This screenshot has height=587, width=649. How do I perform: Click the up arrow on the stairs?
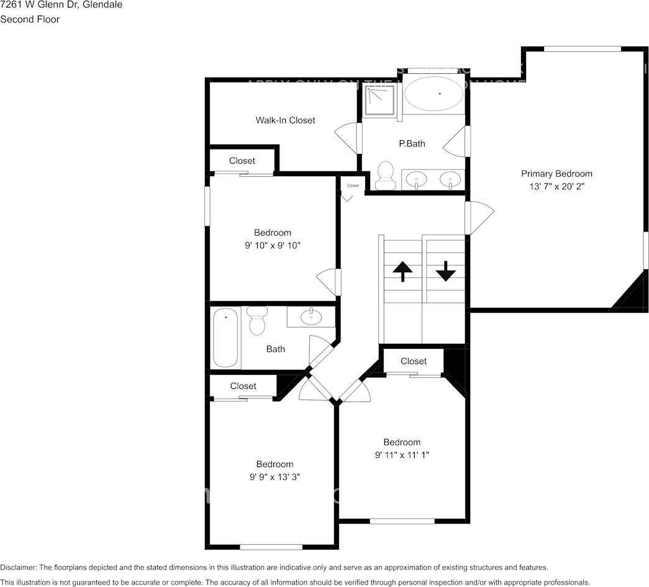click(x=402, y=272)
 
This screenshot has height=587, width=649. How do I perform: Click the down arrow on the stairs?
click(x=445, y=271)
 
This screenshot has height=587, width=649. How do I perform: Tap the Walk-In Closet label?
click(x=285, y=120)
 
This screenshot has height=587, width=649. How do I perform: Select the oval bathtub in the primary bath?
click(x=433, y=94)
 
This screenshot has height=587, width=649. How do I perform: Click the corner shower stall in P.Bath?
click(x=379, y=100)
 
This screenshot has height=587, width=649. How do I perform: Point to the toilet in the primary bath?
click(x=386, y=176)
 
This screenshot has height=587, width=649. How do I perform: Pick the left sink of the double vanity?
click(x=415, y=180)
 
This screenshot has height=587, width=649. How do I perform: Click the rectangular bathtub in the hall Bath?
click(x=225, y=338)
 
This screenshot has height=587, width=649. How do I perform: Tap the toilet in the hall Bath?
click(x=256, y=320)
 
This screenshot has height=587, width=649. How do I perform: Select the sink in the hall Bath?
click(x=311, y=317)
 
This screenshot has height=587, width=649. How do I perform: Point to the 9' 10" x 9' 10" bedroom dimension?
click(x=272, y=245)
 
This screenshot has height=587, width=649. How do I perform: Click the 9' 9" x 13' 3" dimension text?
click(x=275, y=477)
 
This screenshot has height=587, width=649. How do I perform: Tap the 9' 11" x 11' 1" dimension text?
click(x=402, y=455)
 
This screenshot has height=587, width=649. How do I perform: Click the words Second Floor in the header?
click(x=30, y=19)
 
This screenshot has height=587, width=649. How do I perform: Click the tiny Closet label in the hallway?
click(x=353, y=186)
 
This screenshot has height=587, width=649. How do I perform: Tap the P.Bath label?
click(x=412, y=143)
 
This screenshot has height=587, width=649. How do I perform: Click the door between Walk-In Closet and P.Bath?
click(x=349, y=137)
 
